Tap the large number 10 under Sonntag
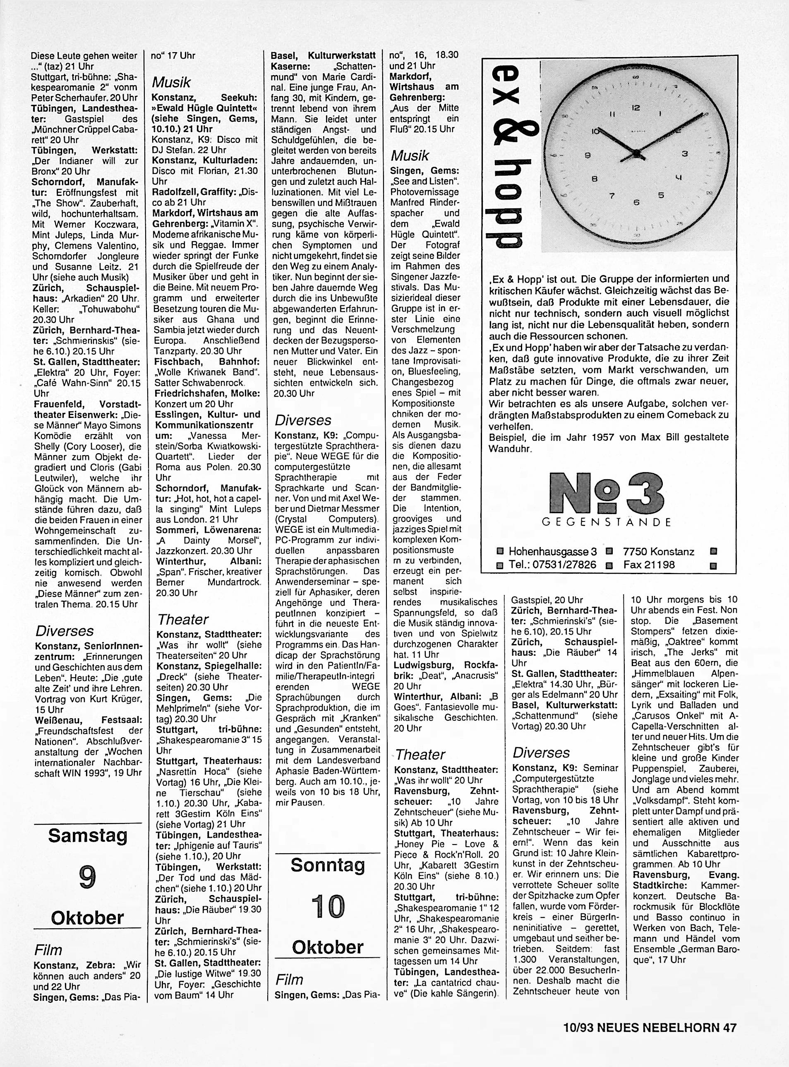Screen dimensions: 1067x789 [328, 907]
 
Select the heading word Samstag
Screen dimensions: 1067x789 [88, 835]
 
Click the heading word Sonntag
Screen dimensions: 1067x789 [328, 865]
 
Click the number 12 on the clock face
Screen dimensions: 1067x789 [636, 108]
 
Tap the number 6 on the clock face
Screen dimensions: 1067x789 [636, 202]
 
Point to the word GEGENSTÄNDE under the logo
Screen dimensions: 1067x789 [607, 522]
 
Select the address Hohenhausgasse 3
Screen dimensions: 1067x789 [553, 552]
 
